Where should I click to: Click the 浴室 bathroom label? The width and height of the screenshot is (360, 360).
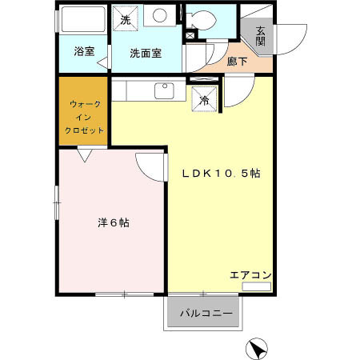(x=83, y=52)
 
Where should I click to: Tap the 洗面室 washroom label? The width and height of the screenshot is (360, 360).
(x=146, y=53)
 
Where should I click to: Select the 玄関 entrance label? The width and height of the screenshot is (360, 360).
(x=261, y=37)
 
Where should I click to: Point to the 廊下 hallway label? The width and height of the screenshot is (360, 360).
(x=238, y=60)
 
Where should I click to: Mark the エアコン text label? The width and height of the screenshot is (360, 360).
(x=250, y=275)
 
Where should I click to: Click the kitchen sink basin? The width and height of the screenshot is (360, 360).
(x=166, y=90)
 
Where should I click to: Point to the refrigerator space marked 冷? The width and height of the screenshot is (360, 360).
(x=204, y=100)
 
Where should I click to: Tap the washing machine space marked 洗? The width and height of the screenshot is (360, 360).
(x=126, y=19)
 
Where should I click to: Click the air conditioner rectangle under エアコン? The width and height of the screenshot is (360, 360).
(x=257, y=286)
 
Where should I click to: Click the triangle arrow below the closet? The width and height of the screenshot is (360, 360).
(x=83, y=156)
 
